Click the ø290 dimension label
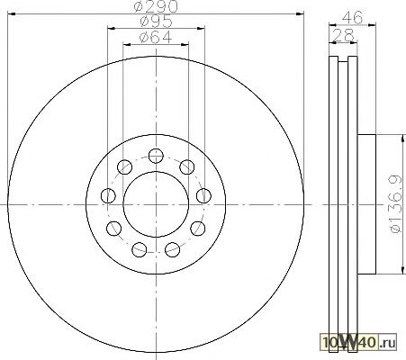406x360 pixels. (x=156, y=6)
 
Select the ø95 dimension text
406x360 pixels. (x=157, y=22)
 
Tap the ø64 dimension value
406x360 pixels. (x=156, y=38)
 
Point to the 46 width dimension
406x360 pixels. (x=353, y=17)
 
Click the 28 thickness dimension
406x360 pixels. (x=344, y=36)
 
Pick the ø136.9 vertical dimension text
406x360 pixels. (x=395, y=204)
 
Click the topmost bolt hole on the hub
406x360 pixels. (x=156, y=156)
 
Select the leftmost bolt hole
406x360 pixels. (x=108, y=196)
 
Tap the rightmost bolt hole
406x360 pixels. (x=203, y=196)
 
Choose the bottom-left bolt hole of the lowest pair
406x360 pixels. (x=140, y=249)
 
